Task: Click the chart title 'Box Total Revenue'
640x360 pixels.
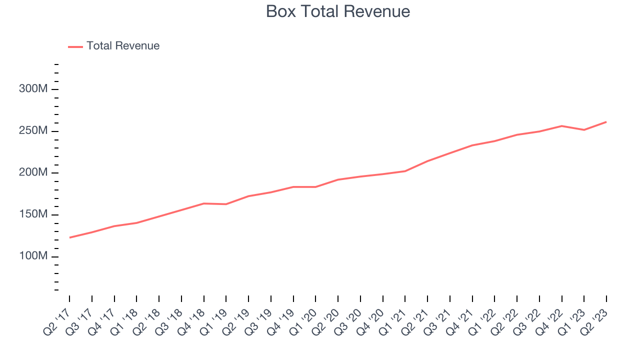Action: [338, 11]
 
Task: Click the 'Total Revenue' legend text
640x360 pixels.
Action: [123, 46]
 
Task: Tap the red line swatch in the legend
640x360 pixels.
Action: [75, 46]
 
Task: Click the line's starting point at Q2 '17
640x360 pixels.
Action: [69, 237]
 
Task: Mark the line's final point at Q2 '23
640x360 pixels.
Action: [606, 121]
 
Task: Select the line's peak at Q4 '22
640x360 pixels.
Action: [562, 126]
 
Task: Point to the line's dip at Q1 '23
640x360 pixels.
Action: [584, 130]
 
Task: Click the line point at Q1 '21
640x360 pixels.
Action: [405, 171]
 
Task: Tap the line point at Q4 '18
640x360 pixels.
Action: [204, 203]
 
